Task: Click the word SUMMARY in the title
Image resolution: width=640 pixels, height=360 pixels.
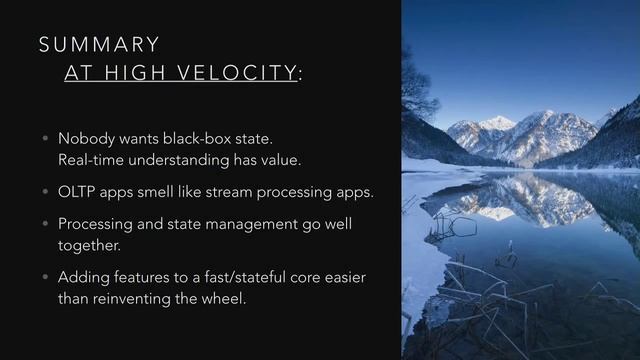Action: (99, 44)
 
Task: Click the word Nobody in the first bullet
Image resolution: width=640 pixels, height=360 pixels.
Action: (84, 138)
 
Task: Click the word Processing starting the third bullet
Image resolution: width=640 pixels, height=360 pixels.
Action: (97, 223)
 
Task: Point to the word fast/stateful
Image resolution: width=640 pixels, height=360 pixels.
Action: (228, 276)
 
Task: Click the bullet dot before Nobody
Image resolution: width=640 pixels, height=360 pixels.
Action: (44, 139)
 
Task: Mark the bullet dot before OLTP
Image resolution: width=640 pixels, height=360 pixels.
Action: (44, 192)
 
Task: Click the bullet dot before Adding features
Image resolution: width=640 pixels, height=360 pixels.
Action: (44, 277)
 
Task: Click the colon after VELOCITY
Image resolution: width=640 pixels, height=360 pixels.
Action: (301, 75)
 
